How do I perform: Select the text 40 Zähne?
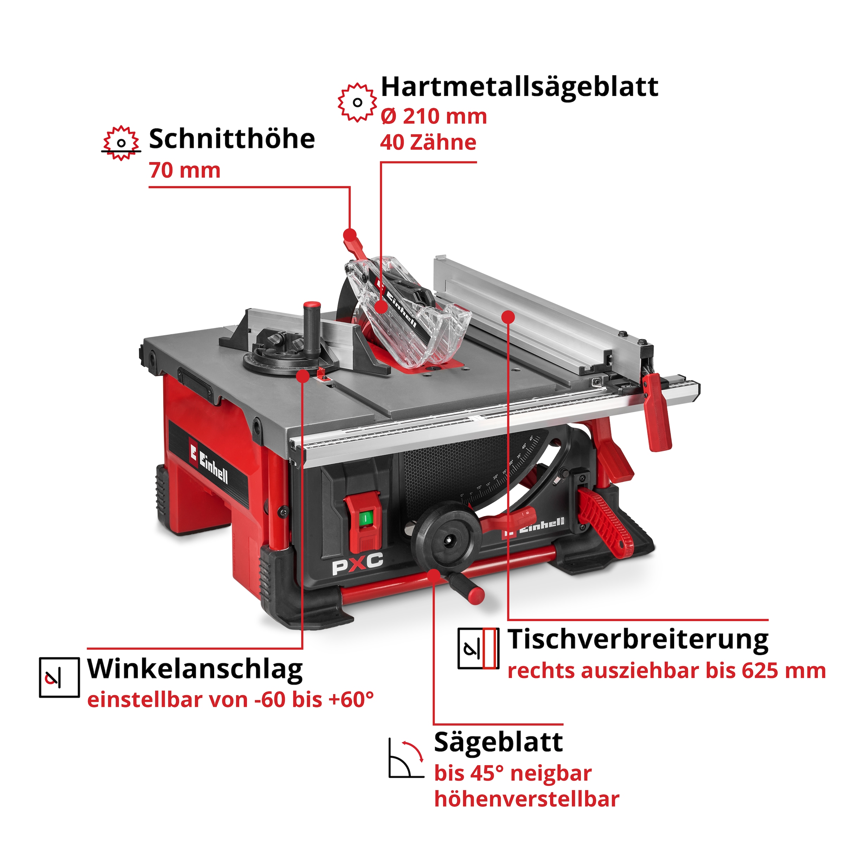coord(428,143)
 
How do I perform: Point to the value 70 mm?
coord(184,170)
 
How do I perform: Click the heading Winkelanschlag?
coord(195,669)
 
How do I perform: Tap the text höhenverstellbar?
coord(526,799)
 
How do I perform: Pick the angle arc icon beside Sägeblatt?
coord(406,759)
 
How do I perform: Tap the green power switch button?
coord(365,518)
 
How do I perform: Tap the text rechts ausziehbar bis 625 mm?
coord(666,671)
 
